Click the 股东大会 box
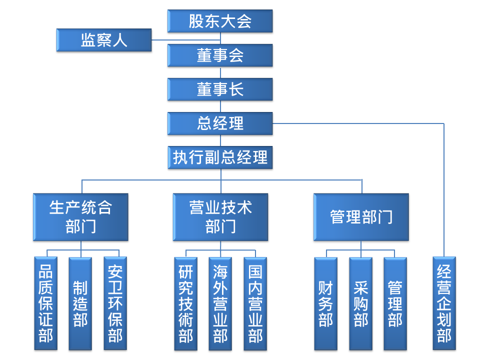pos(220,21)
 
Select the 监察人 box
pos(104,40)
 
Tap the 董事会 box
pos(220,55)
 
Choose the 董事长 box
pos(220,89)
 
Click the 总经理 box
pos(220,123)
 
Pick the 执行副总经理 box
pos(220,157)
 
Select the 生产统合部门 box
pos(80,217)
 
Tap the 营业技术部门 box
pos(220,217)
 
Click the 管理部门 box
pos(361,217)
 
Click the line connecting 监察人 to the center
pos(185,40)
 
